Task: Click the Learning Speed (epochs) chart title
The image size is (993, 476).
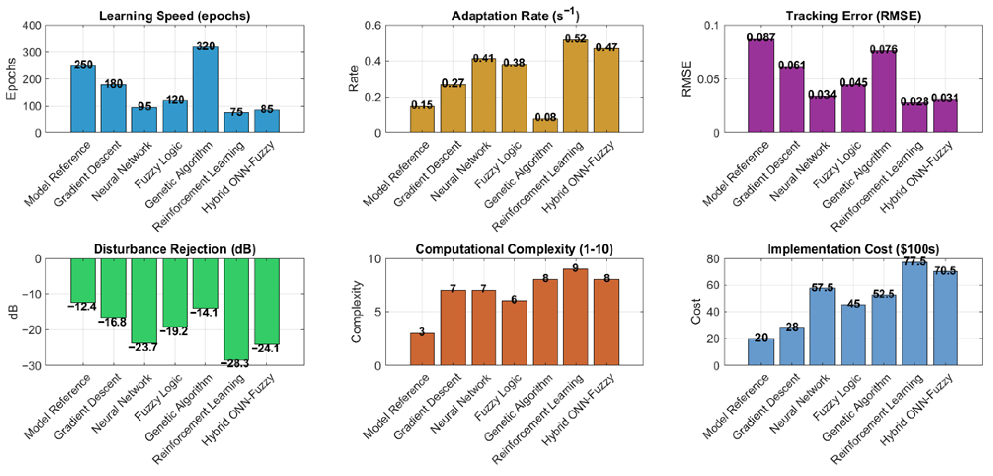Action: pos(175,16)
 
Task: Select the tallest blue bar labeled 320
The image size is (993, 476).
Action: pos(206,90)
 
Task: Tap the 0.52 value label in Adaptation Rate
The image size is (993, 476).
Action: pos(575,38)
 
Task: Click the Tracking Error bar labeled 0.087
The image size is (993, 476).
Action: pos(761,86)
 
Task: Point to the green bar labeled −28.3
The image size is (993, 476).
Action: pos(236,308)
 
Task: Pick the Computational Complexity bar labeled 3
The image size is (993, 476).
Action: pos(422,349)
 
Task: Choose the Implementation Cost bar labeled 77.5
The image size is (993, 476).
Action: pos(914,313)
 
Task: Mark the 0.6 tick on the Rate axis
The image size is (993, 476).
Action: pos(372,25)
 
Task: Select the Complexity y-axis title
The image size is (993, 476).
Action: pos(357,311)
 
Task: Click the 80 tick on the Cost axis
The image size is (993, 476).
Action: pos(712,259)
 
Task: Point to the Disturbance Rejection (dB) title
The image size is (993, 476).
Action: pos(175,249)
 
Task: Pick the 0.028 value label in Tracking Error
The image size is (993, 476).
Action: pos(914,101)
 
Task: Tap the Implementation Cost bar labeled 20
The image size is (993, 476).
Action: pos(761,352)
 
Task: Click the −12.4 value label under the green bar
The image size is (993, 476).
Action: pos(82,307)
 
